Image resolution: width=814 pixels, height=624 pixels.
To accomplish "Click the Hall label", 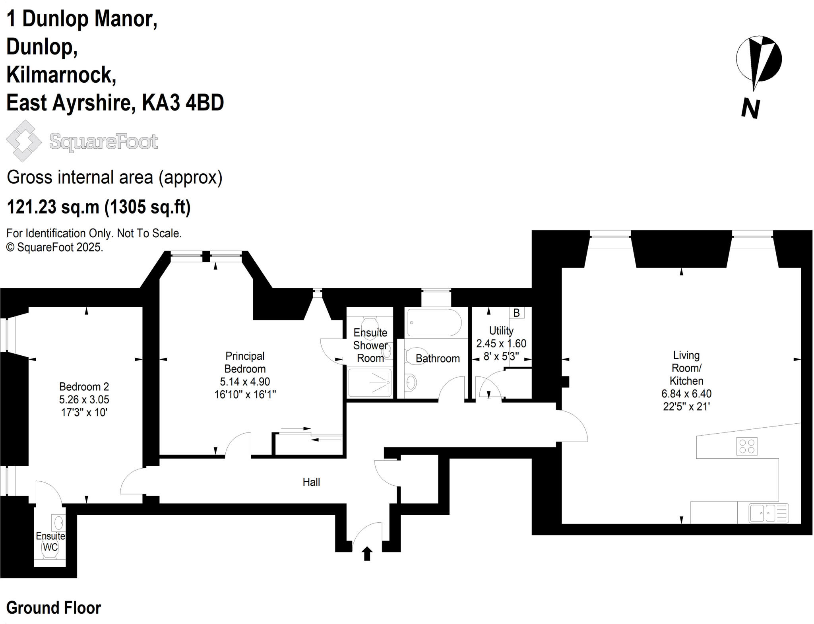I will click(311, 482).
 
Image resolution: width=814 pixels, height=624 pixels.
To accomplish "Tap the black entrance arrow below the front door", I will click(367, 553).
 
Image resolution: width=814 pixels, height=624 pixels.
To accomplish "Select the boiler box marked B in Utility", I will click(516, 313).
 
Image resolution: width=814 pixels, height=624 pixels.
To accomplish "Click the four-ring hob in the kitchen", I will click(746, 446).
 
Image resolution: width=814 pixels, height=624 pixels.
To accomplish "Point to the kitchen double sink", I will click(762, 513).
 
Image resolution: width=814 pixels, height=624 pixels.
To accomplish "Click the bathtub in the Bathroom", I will click(434, 323).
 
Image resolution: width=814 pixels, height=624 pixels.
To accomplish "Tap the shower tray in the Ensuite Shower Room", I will click(370, 383).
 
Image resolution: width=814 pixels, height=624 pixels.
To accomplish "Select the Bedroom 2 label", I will click(84, 387).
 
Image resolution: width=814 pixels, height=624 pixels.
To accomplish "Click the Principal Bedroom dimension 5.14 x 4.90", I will click(245, 382).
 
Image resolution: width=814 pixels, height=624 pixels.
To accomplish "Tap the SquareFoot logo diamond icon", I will click(24, 141).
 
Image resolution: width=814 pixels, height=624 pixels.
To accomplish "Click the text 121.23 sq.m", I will click(53, 207).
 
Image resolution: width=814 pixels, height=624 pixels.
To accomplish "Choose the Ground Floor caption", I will click(54, 608).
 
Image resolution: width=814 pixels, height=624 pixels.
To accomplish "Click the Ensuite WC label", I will click(50, 542).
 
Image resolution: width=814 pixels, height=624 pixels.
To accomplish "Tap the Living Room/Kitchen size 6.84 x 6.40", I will click(686, 394).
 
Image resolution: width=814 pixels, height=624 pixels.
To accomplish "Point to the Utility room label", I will click(501, 331).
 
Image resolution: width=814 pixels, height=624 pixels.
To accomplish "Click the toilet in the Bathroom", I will click(415, 356).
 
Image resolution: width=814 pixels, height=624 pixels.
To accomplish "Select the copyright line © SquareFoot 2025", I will click(55, 247).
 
